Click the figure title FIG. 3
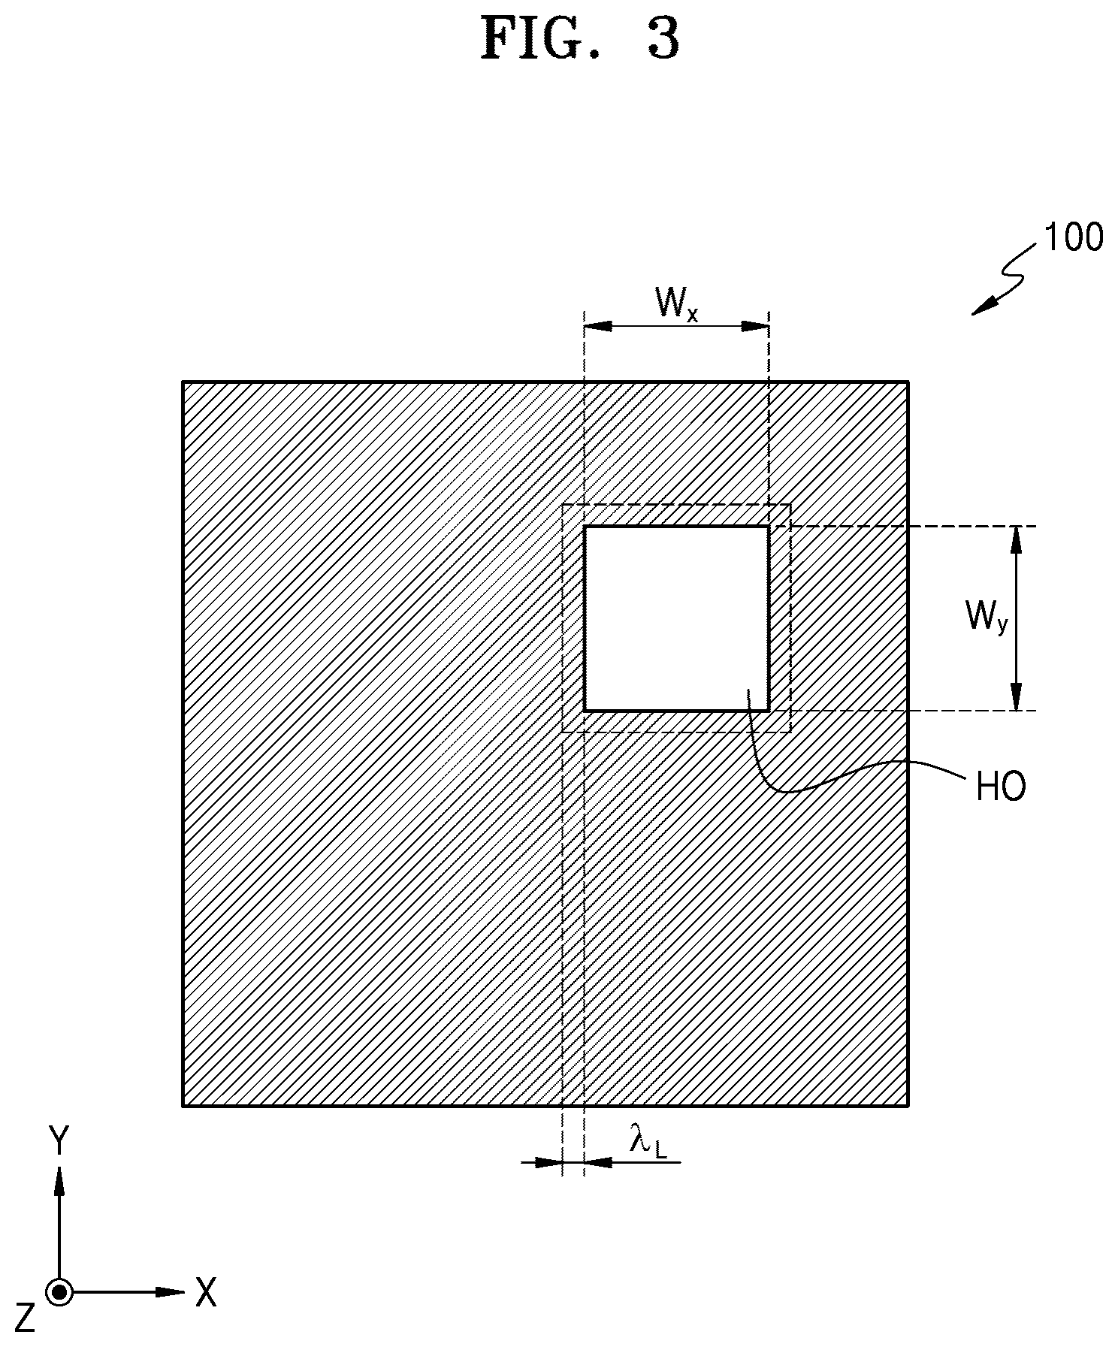click(580, 38)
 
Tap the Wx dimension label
click(677, 304)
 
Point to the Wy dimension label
click(985, 618)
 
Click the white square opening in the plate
click(676, 618)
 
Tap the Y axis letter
click(58, 1141)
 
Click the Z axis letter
click(25, 1318)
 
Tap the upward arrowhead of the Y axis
click(59, 1179)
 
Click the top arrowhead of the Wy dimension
click(1016, 540)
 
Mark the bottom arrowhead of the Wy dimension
click(1016, 696)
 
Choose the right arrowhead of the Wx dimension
click(754, 326)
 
